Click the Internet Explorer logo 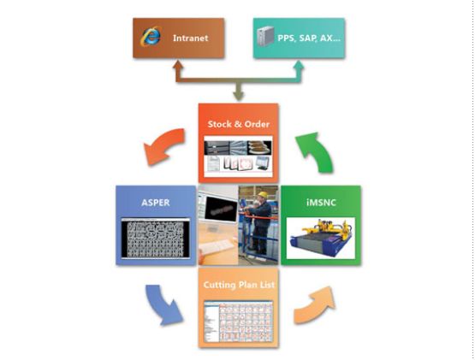coord(151,37)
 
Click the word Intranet coord(191,38)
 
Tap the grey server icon coord(265,36)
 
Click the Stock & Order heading coord(239,124)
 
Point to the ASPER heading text coord(156,203)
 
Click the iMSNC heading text coord(321,203)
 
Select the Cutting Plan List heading coord(239,285)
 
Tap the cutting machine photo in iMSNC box coord(321,239)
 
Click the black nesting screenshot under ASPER coord(156,239)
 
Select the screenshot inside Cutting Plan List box coord(239,322)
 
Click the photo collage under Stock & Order coord(238,156)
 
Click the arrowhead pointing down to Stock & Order coord(239,97)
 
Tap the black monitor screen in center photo coord(221,209)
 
